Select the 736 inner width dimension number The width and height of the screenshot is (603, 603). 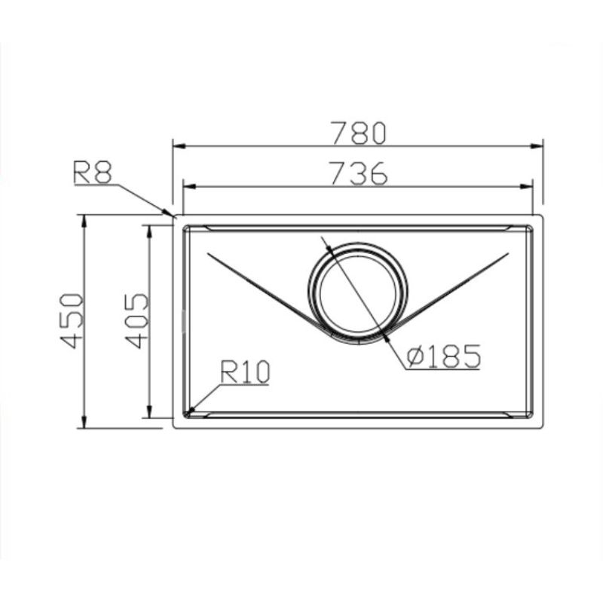point(359,174)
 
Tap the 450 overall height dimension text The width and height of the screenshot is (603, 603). point(70,320)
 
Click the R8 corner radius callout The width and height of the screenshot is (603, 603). point(92,173)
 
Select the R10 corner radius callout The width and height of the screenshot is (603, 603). point(245,372)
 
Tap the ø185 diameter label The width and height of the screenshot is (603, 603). point(443,357)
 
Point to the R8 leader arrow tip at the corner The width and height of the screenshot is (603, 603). point(173,215)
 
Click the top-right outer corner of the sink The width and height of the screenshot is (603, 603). point(543,216)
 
